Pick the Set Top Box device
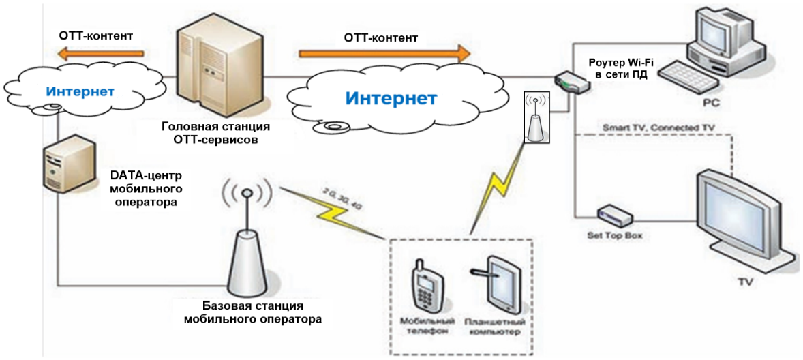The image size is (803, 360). (x=613, y=216)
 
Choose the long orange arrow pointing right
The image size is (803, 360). (x=384, y=52)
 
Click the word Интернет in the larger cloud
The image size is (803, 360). (x=391, y=99)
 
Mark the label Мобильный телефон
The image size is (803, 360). (x=427, y=326)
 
